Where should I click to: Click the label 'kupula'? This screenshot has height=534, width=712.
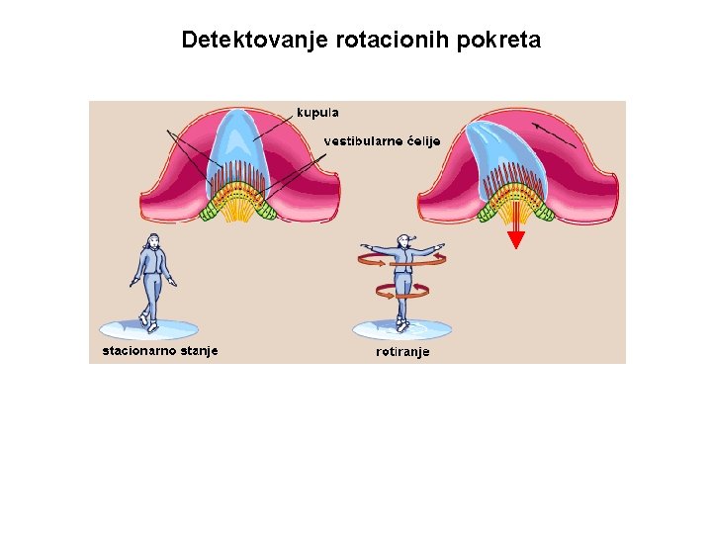pyautogui.click(x=317, y=113)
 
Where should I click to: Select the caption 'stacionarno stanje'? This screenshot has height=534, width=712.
pyautogui.click(x=160, y=350)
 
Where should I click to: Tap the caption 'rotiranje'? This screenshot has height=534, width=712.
pyautogui.click(x=402, y=351)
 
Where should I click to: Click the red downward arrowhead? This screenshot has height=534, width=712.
pyautogui.click(x=516, y=238)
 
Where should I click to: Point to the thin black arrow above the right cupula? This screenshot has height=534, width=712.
pyautogui.click(x=554, y=135)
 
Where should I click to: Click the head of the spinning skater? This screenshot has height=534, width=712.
pyautogui.click(x=402, y=240)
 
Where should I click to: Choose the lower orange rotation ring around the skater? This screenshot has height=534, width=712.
pyautogui.click(x=402, y=290)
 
